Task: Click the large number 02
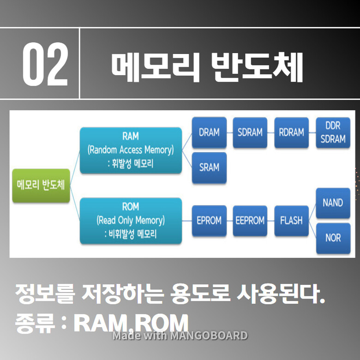coord(45,64)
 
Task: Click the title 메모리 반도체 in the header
coord(206,68)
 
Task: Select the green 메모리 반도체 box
coord(41,185)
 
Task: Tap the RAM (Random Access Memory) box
coord(131,150)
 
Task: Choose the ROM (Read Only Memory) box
coord(131,221)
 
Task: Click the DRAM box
coord(209,132)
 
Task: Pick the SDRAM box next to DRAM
coord(250,132)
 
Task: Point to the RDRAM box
coord(291,132)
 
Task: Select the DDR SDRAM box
coord(333,132)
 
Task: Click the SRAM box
coord(209,167)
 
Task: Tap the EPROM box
coord(209,221)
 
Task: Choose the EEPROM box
coord(250,221)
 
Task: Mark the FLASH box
coord(291,221)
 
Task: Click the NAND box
coord(333,203)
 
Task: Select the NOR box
coord(333,238)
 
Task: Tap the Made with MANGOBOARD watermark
coord(180,336)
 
